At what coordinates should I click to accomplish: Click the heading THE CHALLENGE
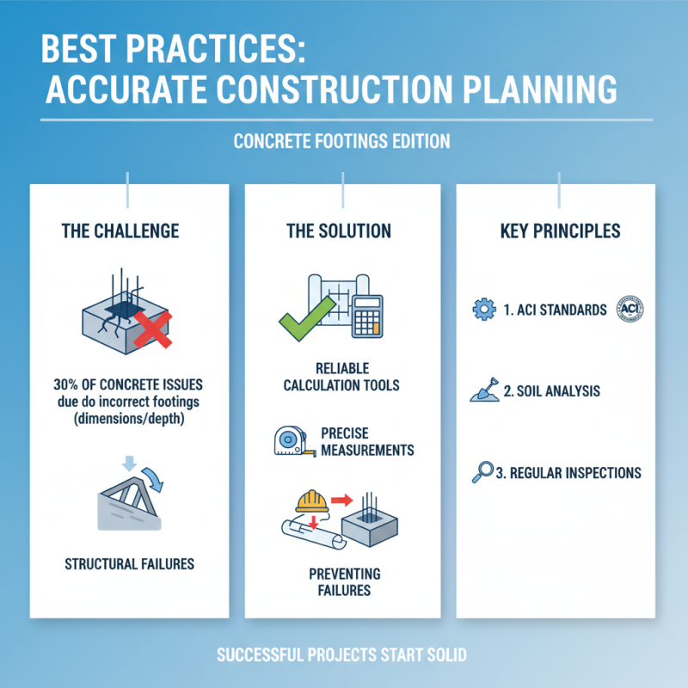pos(120,231)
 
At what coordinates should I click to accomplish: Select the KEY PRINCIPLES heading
pos(560,232)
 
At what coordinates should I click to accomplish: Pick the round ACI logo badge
pos(632,309)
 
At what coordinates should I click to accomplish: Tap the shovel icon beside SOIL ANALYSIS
pos(484,392)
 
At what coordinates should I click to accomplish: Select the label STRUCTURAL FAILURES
pos(130,565)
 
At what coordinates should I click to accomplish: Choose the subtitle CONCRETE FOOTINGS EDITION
pos(342,142)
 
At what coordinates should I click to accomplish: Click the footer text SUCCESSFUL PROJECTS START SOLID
pos(342,655)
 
